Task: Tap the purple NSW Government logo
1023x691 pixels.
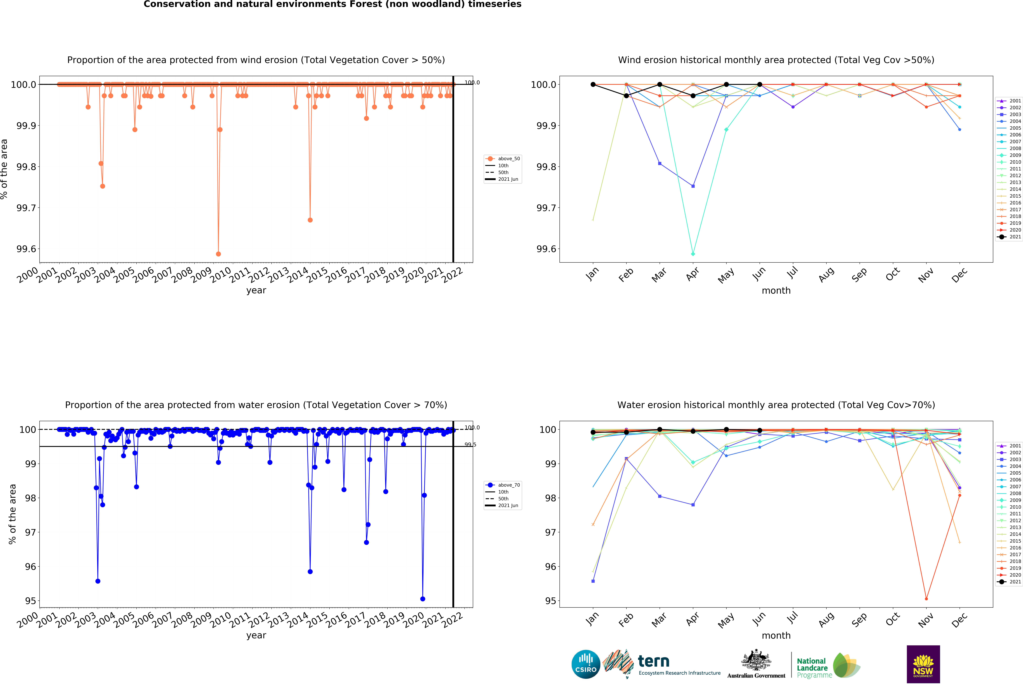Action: pos(923,664)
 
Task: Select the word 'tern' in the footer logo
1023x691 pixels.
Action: pos(654,661)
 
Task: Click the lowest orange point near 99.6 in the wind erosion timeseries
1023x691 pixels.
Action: pos(218,254)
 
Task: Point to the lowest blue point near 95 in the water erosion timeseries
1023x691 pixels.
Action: pos(423,599)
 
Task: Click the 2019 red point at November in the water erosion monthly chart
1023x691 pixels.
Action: pos(926,599)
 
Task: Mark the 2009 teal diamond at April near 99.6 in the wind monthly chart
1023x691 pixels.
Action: pos(693,254)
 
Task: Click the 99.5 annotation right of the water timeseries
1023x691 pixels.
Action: pos(470,445)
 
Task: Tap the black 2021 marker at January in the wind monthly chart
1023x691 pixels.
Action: pos(593,84)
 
